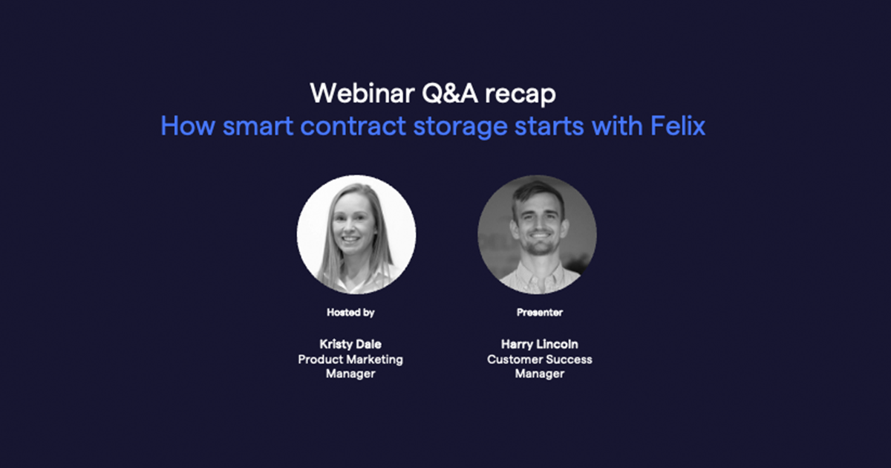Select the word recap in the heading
tap(520, 96)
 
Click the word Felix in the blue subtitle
tap(678, 126)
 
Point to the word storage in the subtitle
tap(460, 127)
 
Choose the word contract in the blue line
tap(353, 126)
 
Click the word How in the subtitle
tap(188, 126)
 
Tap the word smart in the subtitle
tap(258, 126)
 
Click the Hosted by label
tap(350, 313)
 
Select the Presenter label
tap(539, 313)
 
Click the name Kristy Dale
tap(350, 344)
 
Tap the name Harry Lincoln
tap(539, 344)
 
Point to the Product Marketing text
tap(350, 360)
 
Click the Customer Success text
tap(539, 360)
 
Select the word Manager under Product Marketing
tap(350, 374)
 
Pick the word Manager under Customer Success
tap(539, 374)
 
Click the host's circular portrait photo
tap(356, 235)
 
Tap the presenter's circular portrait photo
tap(537, 235)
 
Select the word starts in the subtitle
tap(549, 126)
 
